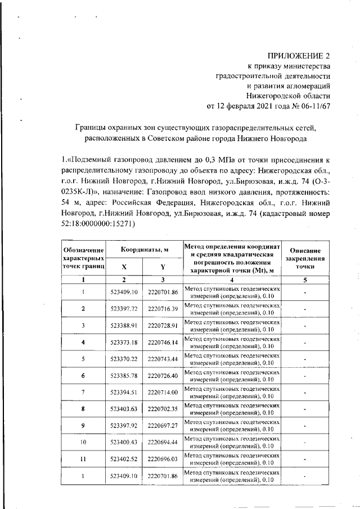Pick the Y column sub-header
tap(163, 267)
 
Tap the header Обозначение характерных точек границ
tap(83, 258)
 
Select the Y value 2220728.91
tap(163, 326)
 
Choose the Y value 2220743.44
tap(163, 359)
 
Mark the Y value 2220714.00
tap(163, 392)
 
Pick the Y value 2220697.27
tap(163, 426)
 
